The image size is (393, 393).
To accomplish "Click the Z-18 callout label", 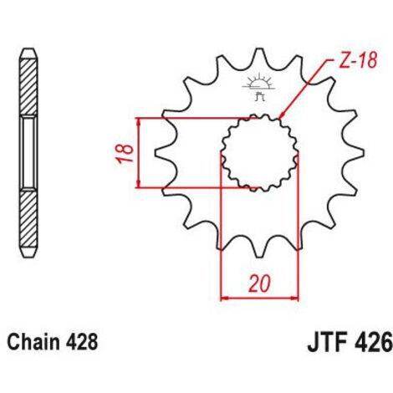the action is click(358, 61).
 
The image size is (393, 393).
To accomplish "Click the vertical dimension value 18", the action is click(125, 153).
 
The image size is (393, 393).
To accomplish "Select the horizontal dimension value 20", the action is click(260, 283).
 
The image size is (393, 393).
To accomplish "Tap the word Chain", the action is click(33, 342).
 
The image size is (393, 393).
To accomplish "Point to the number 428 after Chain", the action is click(82, 342).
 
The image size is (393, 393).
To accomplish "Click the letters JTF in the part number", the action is click(329, 344).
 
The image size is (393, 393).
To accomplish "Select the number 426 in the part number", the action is click(375, 344).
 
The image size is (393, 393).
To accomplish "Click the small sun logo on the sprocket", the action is click(258, 86).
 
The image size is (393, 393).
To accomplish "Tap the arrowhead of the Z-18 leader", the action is click(282, 115).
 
